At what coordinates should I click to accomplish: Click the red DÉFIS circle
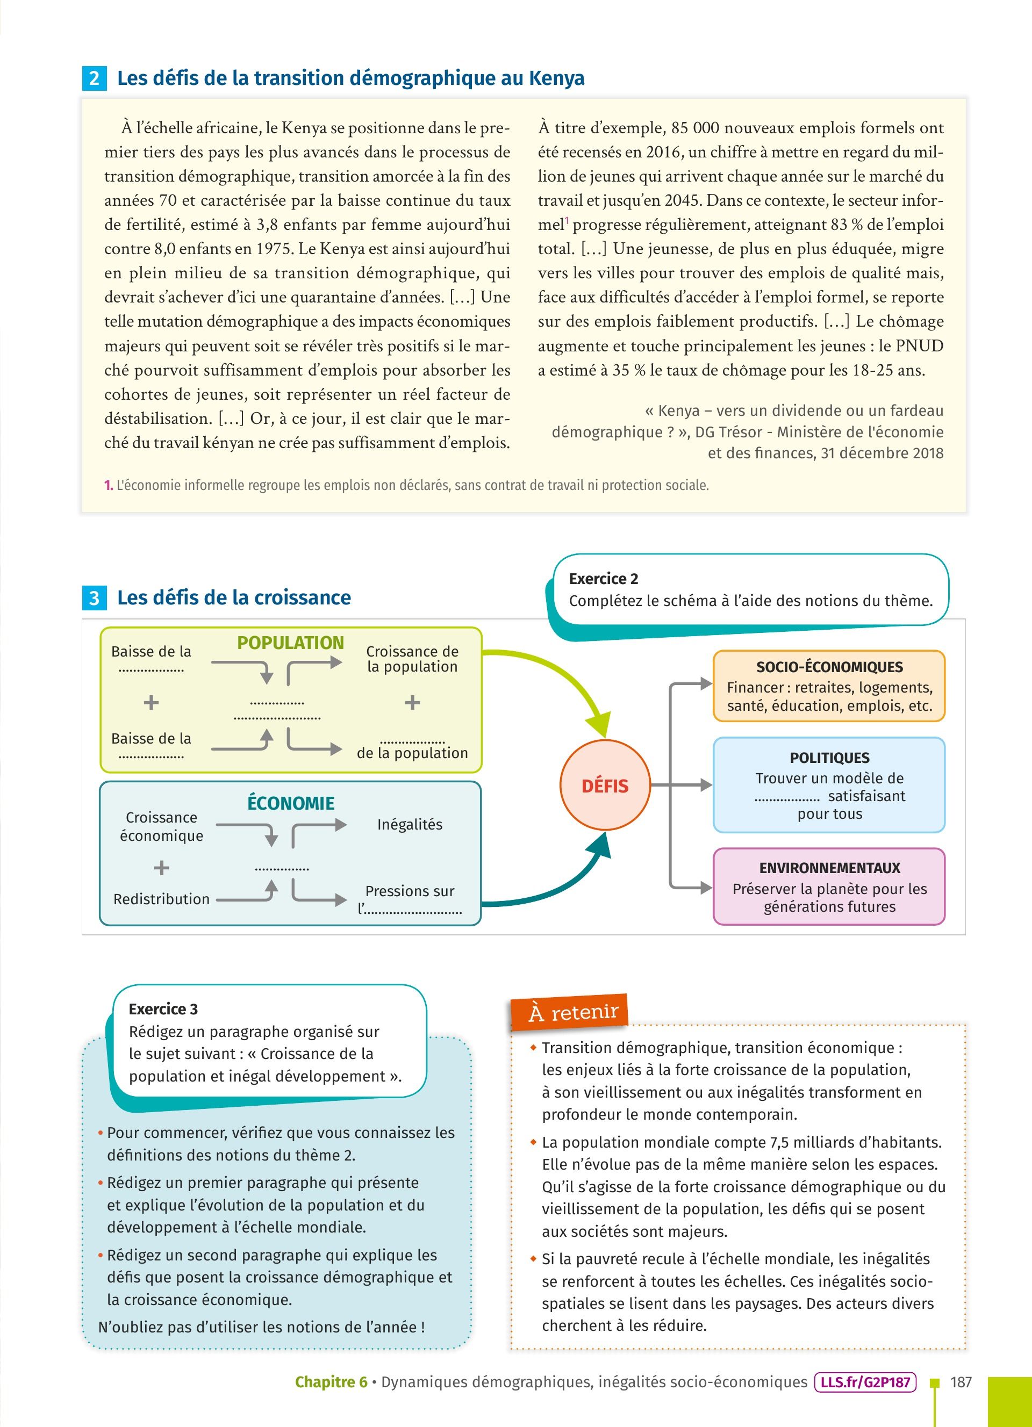[x=605, y=785]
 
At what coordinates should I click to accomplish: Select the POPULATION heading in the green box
[x=290, y=643]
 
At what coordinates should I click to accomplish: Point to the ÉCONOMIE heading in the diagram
[x=291, y=803]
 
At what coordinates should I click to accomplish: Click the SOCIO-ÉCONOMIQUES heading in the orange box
[x=829, y=667]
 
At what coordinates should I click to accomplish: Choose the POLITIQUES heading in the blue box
[x=829, y=758]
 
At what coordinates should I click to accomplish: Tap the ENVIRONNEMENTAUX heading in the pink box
[x=829, y=868]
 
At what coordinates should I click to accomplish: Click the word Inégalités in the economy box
[x=410, y=824]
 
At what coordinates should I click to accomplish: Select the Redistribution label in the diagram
[x=161, y=899]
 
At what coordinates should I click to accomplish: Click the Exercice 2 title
[x=603, y=578]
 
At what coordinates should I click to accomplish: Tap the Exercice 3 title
[x=163, y=1008]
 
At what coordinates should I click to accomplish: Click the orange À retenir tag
[x=570, y=1012]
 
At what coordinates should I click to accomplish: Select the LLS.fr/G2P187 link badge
[x=865, y=1382]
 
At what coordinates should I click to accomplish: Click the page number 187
[x=961, y=1382]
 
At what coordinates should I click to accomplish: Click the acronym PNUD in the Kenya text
[x=919, y=345]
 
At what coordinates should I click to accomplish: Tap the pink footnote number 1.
[x=108, y=485]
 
